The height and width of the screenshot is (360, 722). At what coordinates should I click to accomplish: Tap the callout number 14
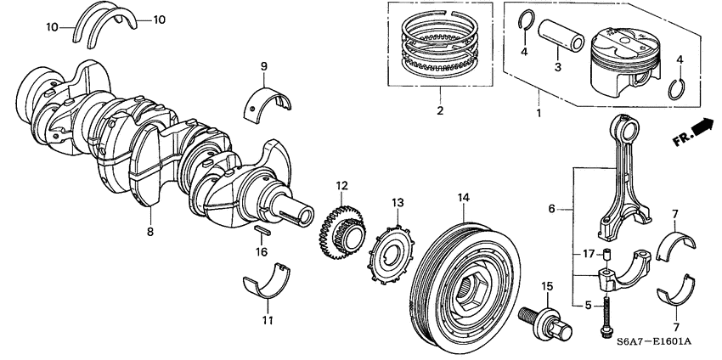[x=463, y=198]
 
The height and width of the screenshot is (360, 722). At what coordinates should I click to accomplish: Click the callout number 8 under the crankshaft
[x=151, y=230]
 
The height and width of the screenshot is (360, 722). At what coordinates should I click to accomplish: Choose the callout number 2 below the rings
[x=439, y=110]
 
